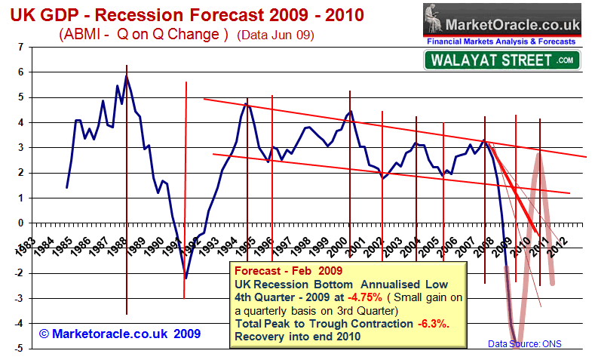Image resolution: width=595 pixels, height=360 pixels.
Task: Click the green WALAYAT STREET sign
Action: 501,60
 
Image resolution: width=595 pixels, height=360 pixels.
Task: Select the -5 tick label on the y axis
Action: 17,349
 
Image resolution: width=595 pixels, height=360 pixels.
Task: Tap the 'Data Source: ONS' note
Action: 524,344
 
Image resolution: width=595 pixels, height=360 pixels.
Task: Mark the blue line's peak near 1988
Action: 127,75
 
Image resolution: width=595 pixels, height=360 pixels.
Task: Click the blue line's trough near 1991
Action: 186,278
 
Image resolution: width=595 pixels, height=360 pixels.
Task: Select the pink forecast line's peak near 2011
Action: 538,152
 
